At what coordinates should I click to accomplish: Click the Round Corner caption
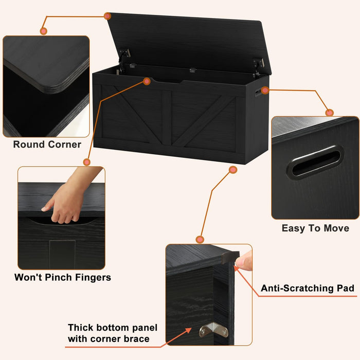[x=47, y=145]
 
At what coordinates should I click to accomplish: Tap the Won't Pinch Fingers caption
[x=62, y=278]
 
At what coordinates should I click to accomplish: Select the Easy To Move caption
[x=315, y=228]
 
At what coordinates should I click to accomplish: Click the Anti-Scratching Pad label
[x=308, y=289]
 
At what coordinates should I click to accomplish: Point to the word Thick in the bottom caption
[x=83, y=328]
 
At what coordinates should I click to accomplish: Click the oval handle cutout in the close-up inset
[x=315, y=162]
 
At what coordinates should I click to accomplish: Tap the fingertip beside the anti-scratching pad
[x=246, y=262]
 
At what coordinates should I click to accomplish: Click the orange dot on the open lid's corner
[x=107, y=16]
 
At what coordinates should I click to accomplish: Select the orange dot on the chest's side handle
[x=265, y=91]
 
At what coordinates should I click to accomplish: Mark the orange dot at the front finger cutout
[x=147, y=81]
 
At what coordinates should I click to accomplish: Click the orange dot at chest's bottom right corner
[x=233, y=169]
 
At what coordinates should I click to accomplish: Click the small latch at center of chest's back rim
[x=192, y=70]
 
